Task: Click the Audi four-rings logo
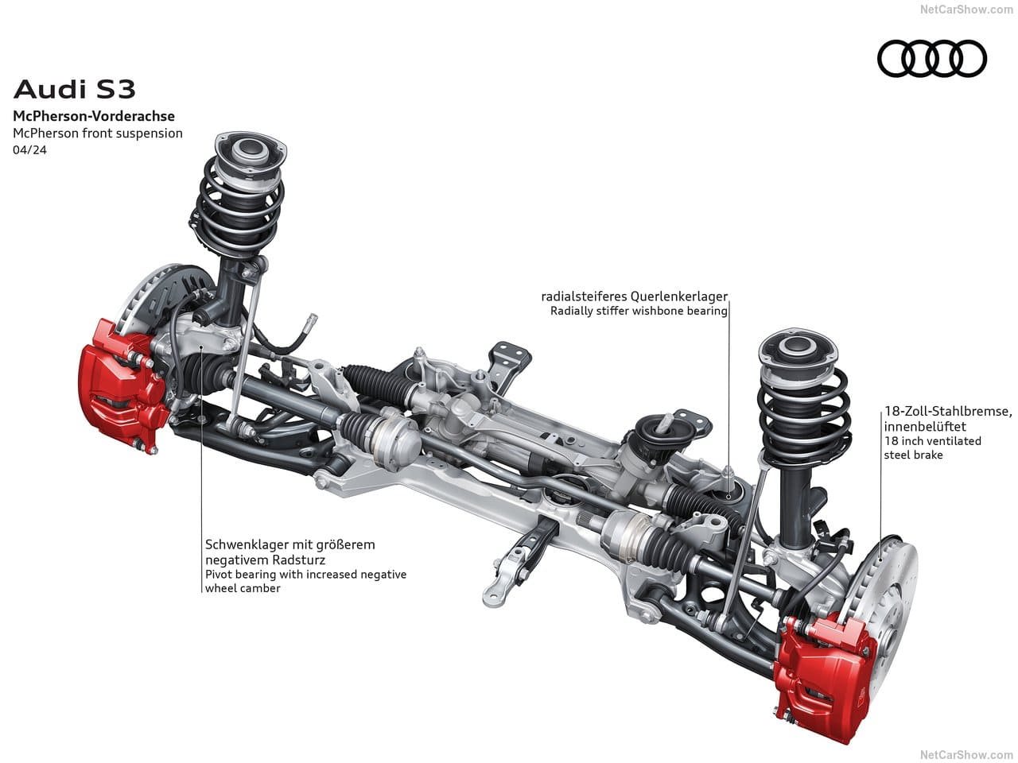coord(932,58)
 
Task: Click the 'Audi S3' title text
coord(75,90)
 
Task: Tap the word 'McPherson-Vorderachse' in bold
coord(94,116)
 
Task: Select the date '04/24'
coord(29,150)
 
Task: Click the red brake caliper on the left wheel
coord(122,385)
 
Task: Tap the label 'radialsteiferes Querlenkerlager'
coord(635,296)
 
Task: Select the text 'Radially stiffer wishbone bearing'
coord(639,311)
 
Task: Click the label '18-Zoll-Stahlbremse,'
coord(948,411)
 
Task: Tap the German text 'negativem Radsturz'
coord(266,560)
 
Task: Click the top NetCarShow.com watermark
coord(966,9)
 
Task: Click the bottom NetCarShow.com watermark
coord(966,755)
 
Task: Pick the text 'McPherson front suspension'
coord(98,134)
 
